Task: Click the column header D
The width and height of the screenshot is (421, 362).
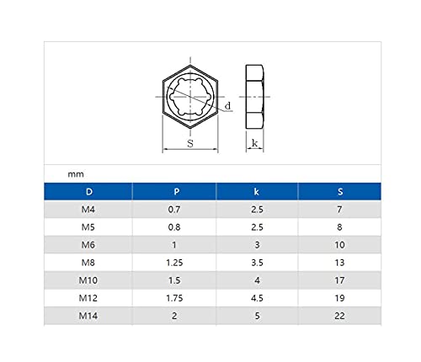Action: pyautogui.click(x=89, y=192)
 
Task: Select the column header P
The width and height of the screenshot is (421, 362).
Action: pyautogui.click(x=176, y=192)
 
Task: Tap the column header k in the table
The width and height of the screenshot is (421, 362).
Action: pyautogui.click(x=256, y=192)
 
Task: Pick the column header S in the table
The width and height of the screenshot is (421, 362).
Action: pyautogui.click(x=340, y=192)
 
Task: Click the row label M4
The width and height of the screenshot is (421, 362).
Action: pyautogui.click(x=88, y=210)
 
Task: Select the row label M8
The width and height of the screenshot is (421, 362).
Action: pyautogui.click(x=88, y=263)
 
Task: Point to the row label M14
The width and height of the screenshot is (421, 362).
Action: pyautogui.click(x=88, y=316)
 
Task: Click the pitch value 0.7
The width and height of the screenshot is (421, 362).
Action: pyautogui.click(x=174, y=210)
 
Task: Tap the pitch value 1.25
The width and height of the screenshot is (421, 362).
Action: pyautogui.click(x=174, y=263)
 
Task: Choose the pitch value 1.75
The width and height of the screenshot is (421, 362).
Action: pyautogui.click(x=174, y=298)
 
